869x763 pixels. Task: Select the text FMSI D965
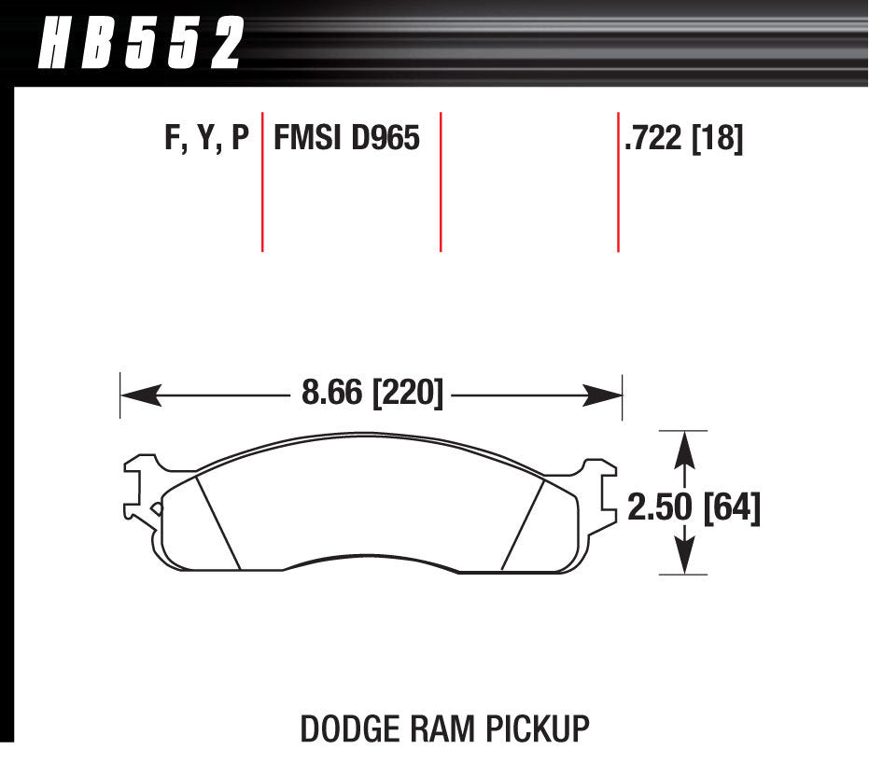pyautogui.click(x=346, y=140)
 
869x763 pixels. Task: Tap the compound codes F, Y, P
pyautogui.click(x=206, y=140)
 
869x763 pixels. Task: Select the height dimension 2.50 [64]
pyautogui.click(x=694, y=509)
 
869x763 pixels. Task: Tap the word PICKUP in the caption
pyautogui.click(x=542, y=728)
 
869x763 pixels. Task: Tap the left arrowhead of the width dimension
pyautogui.click(x=135, y=395)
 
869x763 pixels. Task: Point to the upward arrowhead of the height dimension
pyautogui.click(x=686, y=448)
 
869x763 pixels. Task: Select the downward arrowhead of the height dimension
pyautogui.click(x=687, y=558)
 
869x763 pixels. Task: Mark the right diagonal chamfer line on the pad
pyautogui.click(x=523, y=522)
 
